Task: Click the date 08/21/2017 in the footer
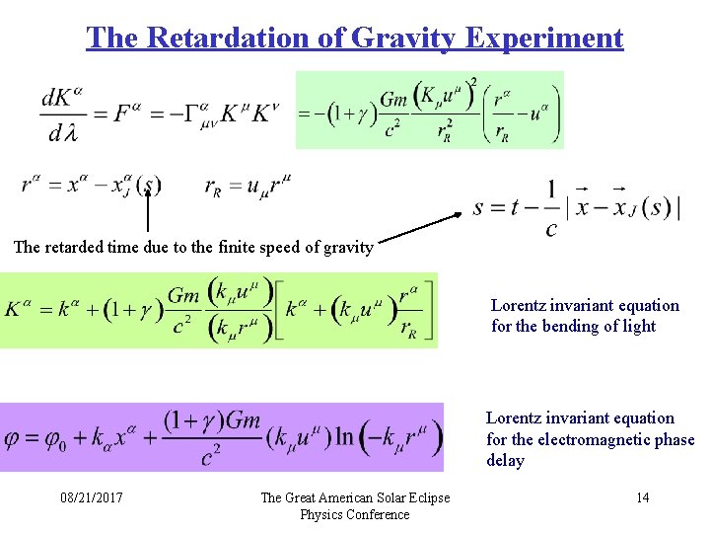[91, 497]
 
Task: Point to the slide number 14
[642, 497]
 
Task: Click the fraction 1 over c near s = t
[550, 207]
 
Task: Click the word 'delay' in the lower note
[505, 461]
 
